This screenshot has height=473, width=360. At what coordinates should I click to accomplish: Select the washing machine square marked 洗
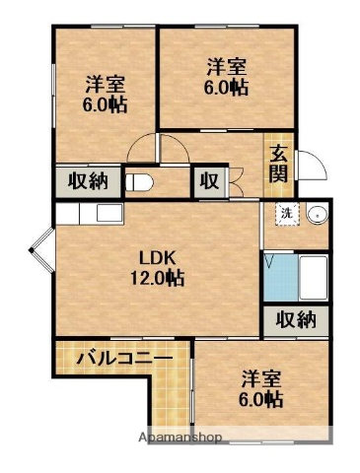click(x=285, y=214)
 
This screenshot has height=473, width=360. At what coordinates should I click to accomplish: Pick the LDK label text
click(x=156, y=258)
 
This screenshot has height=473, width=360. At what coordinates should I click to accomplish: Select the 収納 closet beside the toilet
click(x=88, y=181)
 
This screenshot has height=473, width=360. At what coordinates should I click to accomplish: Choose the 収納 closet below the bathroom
click(x=295, y=319)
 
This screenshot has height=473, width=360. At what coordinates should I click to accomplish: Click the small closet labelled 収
click(x=210, y=181)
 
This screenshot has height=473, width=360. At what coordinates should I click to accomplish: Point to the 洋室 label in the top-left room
click(x=104, y=83)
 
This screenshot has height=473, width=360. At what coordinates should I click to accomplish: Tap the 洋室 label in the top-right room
click(x=226, y=67)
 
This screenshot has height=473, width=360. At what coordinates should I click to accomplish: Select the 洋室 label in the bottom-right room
click(x=260, y=378)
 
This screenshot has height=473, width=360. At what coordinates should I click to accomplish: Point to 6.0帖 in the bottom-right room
click(x=260, y=400)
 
